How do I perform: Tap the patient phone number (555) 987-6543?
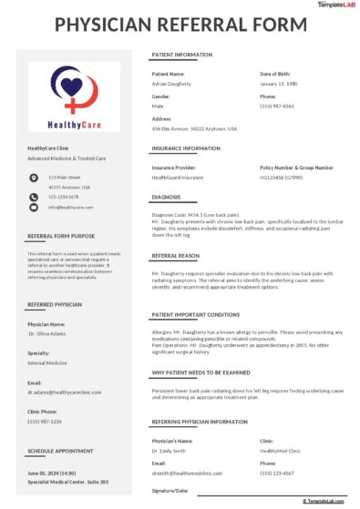pyautogui.click(x=277, y=106)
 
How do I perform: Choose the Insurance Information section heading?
pyautogui.click(x=186, y=148)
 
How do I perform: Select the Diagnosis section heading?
pyautogui.click(x=167, y=196)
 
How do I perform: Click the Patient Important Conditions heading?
pyautogui.click(x=196, y=314)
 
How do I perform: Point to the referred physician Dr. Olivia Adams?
pyautogui.click(x=46, y=334)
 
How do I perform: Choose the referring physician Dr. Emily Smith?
pyautogui.click(x=170, y=451)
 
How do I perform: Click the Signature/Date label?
pyautogui.click(x=170, y=491)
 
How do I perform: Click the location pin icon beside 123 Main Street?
pyautogui.click(x=34, y=177)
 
